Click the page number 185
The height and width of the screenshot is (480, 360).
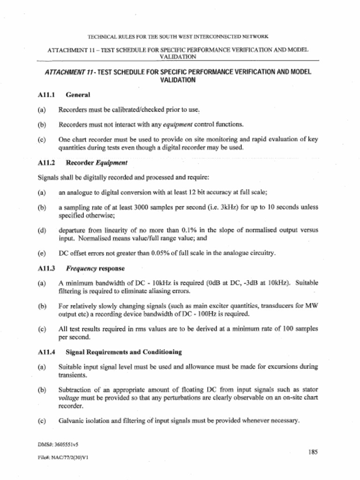click(x=313, y=452)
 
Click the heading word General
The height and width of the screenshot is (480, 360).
click(x=78, y=95)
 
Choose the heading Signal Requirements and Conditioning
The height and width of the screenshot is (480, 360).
click(x=124, y=352)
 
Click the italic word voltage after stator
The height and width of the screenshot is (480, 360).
click(x=69, y=397)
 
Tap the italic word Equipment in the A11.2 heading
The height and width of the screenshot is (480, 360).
click(x=112, y=163)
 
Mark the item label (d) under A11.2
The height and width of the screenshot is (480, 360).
click(x=41, y=230)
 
